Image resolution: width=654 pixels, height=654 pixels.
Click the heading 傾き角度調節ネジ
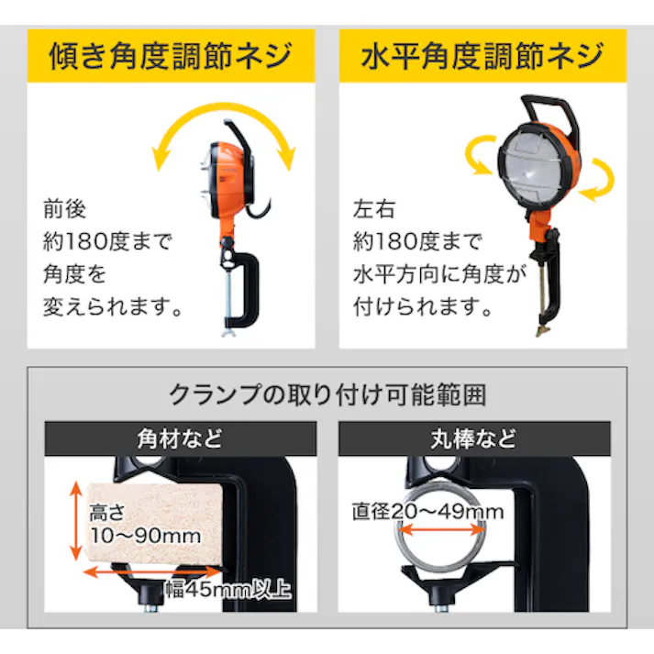tap(172, 55)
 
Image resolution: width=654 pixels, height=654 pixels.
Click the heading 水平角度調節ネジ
tap(483, 55)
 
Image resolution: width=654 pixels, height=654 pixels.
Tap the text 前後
tap(64, 210)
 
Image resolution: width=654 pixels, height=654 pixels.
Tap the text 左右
tap(376, 210)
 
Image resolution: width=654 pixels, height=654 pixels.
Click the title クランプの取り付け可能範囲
tap(327, 395)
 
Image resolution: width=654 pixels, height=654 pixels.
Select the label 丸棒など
tap(473, 438)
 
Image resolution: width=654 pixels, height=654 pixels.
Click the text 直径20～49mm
tap(430, 512)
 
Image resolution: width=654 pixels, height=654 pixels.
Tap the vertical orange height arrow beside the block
tap(73, 523)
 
